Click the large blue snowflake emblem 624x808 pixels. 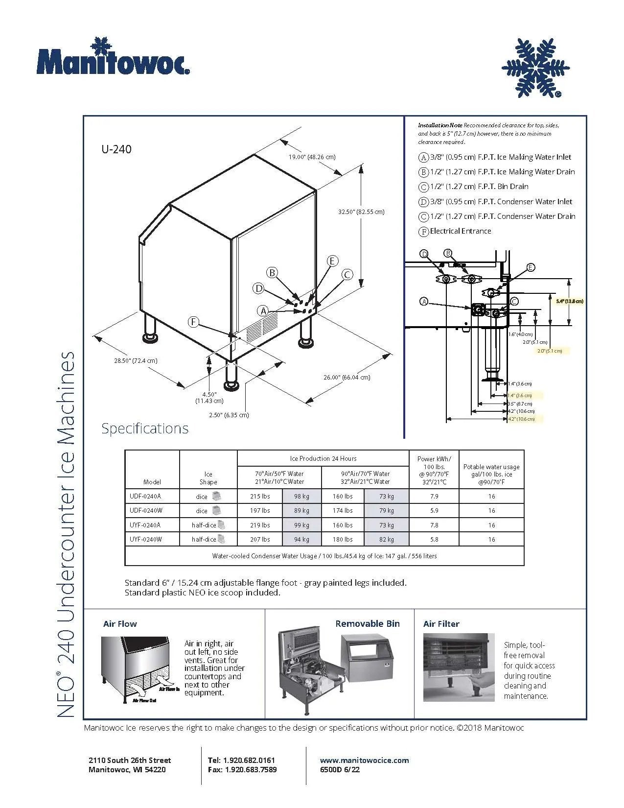[535, 68]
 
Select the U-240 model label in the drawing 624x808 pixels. [116, 149]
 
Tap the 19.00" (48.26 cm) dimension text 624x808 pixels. [312, 157]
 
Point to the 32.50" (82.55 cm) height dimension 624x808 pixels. [361, 212]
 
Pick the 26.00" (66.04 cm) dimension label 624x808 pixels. [347, 378]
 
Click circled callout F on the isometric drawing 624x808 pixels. [194, 322]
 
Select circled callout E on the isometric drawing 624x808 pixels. [332, 261]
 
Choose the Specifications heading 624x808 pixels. [145, 428]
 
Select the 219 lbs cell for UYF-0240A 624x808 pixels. [260, 525]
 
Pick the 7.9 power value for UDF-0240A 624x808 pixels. [434, 497]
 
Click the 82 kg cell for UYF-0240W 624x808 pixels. [386, 540]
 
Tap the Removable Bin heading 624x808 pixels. [367, 624]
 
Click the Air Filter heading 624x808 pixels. [441, 624]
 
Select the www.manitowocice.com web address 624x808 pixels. [364, 760]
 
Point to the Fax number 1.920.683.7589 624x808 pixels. [242, 770]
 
